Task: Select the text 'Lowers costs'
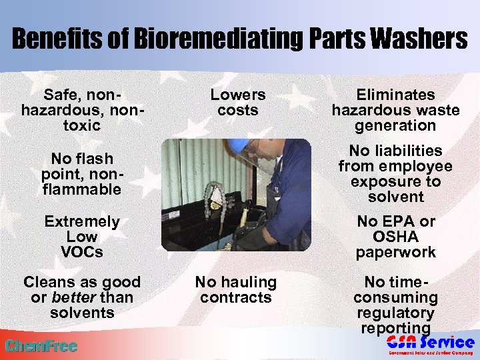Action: [x=237, y=103]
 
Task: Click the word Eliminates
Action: [x=395, y=95]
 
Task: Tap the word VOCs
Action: [x=82, y=253]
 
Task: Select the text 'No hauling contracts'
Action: [x=236, y=290]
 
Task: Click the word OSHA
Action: [x=395, y=237]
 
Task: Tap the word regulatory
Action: [x=395, y=313]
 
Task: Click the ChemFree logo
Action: [x=41, y=346]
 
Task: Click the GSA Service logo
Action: [x=430, y=344]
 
